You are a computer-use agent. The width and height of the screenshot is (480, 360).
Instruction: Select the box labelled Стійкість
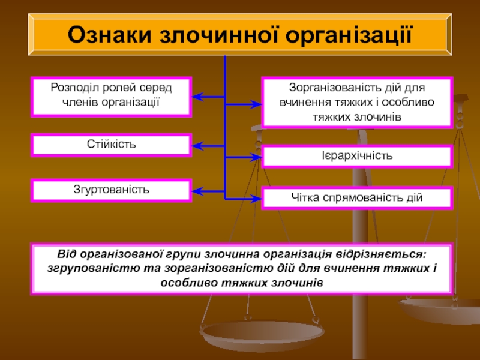click(112, 145)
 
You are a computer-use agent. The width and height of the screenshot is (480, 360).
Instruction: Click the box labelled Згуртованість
click(112, 190)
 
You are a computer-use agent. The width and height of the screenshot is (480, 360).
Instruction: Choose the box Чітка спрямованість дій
click(357, 197)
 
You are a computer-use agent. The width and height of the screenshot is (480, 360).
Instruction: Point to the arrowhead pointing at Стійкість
click(197, 145)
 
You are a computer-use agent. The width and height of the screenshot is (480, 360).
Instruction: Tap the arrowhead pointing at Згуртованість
click(197, 191)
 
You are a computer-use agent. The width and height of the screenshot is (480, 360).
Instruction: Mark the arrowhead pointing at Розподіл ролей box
click(197, 96)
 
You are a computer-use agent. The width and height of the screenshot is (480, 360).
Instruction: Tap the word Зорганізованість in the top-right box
click(326, 88)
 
